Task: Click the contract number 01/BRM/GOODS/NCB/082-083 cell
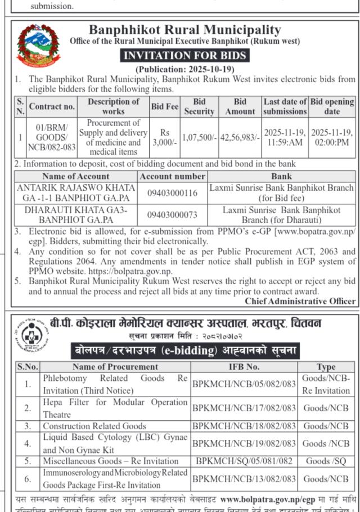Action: [x=51, y=137]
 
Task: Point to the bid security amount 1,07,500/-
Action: [x=199, y=137]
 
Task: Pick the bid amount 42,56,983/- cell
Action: [x=240, y=137]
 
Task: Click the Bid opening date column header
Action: [x=332, y=106]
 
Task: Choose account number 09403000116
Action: [x=173, y=193]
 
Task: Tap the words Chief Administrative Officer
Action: [x=300, y=301]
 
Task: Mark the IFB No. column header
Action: [x=244, y=367]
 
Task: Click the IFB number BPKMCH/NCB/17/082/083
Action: [x=244, y=408]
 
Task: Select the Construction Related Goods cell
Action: [x=94, y=426]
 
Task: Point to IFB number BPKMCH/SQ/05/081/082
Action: [x=244, y=461]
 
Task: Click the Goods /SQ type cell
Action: [x=326, y=461]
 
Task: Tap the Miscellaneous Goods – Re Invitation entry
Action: [x=111, y=461]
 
